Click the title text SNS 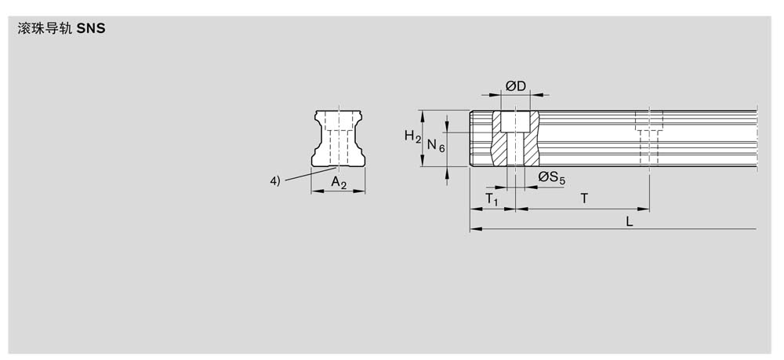pyautogui.click(x=91, y=29)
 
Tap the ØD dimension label pyautogui.click(x=516, y=86)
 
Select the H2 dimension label pyautogui.click(x=412, y=136)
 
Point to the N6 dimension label pyautogui.click(x=435, y=146)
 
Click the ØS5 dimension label pyautogui.click(x=551, y=177)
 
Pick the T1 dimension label pyautogui.click(x=492, y=199)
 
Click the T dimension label pyautogui.click(x=584, y=198)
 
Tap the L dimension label pyautogui.click(x=630, y=221)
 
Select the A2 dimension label pyautogui.click(x=339, y=183)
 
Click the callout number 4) pyautogui.click(x=275, y=181)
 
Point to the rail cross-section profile pyautogui.click(x=338, y=139)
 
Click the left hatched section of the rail pyautogui.click(x=499, y=139)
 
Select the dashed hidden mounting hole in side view pyautogui.click(x=649, y=137)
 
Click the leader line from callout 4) pyautogui.click(x=308, y=174)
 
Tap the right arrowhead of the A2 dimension pyautogui.click(x=360, y=191)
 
